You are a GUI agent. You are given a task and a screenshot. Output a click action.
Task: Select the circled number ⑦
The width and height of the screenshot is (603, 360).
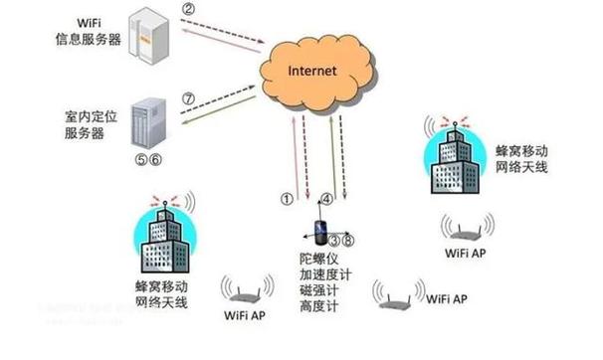(x=187, y=98)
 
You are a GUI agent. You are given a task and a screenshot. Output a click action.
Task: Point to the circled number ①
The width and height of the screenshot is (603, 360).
(x=287, y=198)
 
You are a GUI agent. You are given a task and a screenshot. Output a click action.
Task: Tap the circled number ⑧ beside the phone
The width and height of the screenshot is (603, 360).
(x=348, y=241)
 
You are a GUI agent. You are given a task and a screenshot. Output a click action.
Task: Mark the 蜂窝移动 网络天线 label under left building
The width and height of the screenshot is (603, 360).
(x=163, y=293)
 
